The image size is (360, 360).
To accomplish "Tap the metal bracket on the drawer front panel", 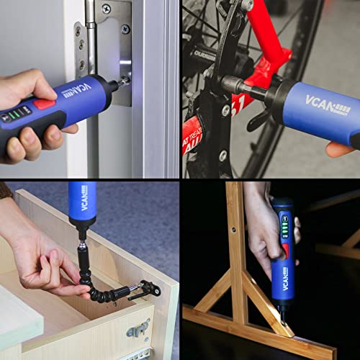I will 140,329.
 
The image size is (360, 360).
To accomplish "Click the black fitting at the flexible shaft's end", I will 147,288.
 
